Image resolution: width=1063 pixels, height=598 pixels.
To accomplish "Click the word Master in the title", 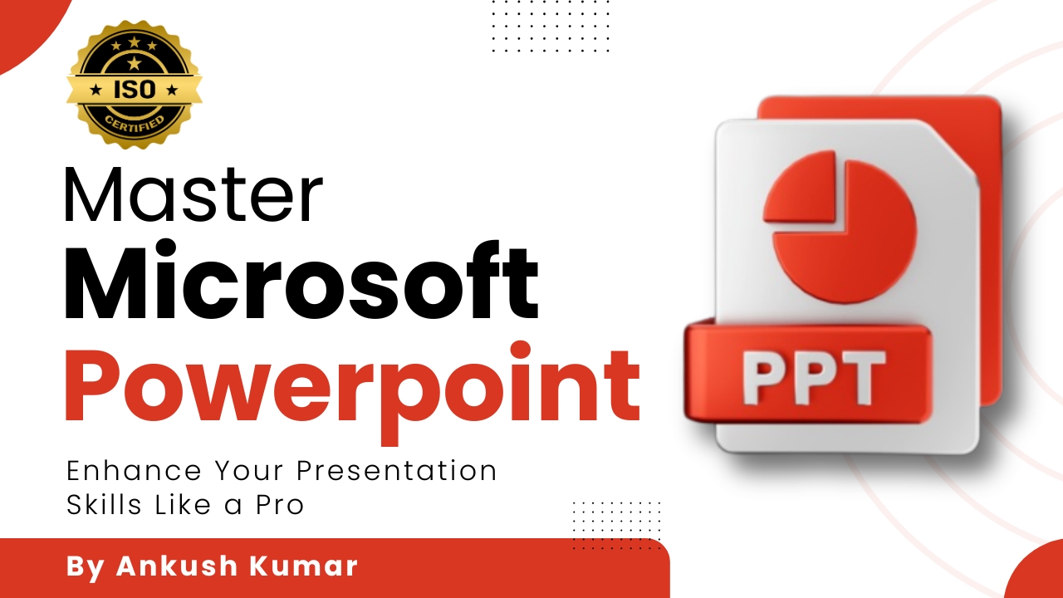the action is [x=193, y=194].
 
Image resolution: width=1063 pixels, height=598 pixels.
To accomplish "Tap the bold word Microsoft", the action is [x=301, y=280].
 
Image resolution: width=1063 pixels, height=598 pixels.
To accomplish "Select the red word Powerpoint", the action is [x=353, y=392].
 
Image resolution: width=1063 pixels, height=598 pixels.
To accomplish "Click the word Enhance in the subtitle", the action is [x=135, y=471].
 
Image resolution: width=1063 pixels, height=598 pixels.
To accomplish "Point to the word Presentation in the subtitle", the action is [x=397, y=471].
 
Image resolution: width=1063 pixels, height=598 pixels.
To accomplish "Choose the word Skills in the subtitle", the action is [x=104, y=504].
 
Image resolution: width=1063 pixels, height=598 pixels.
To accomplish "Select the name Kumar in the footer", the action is [x=303, y=566].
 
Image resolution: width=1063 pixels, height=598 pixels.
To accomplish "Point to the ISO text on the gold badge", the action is [x=135, y=90].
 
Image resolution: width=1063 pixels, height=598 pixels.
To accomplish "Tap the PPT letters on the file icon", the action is [x=813, y=377].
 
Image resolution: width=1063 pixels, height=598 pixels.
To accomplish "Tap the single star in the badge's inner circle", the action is [x=135, y=62].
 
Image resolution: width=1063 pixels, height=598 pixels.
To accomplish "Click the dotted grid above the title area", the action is [x=551, y=26].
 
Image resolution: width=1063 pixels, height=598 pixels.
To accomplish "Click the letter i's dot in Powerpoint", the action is [x=522, y=350].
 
